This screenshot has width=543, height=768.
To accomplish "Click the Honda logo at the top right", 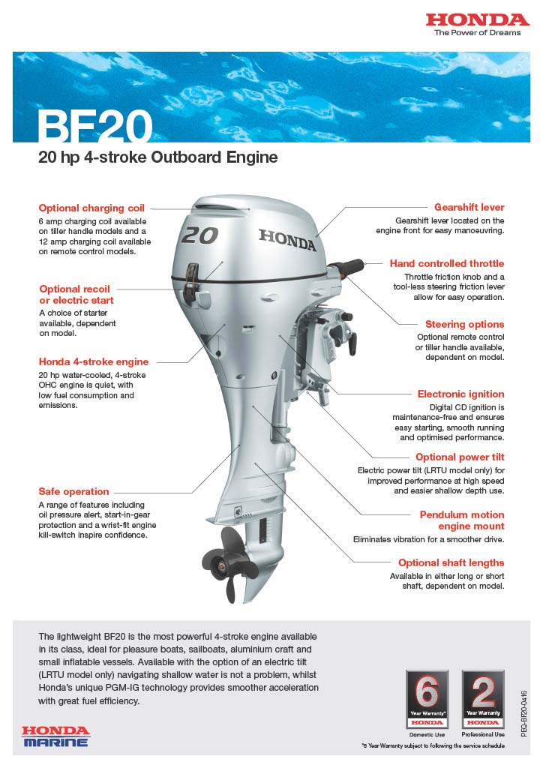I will pyautogui.click(x=478, y=19).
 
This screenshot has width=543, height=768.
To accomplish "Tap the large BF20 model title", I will pyautogui.click(x=94, y=126).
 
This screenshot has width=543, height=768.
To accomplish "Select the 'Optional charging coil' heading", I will pyautogui.click(x=91, y=208).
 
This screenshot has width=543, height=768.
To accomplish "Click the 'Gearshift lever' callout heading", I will pyautogui.click(x=469, y=207).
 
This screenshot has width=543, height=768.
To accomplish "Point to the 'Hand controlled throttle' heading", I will pyautogui.click(x=446, y=264).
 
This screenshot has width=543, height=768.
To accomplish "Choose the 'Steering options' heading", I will pyautogui.click(x=464, y=324).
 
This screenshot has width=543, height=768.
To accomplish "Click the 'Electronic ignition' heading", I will pyautogui.click(x=460, y=394).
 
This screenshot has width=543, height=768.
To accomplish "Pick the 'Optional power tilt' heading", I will pyautogui.click(x=460, y=457).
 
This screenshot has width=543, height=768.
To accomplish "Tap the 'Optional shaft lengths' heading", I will pyautogui.click(x=451, y=562).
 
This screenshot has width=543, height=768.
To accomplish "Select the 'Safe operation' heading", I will pyautogui.click(x=73, y=491).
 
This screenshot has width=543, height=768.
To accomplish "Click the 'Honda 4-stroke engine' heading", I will pyautogui.click(x=93, y=361).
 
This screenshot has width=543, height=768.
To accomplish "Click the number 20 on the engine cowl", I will pyautogui.click(x=199, y=235).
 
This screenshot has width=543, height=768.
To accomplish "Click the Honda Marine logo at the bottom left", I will pyautogui.click(x=55, y=736).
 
